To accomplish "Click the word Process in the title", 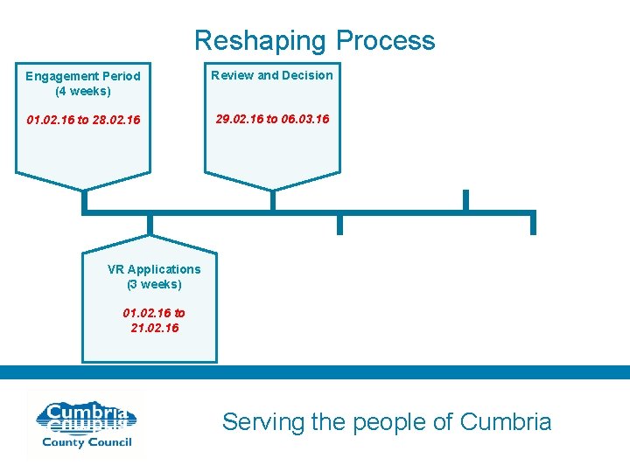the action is click(385, 41).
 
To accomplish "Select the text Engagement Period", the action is click(83, 76).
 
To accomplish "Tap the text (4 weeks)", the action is click(83, 90).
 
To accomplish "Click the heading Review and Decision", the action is click(272, 75).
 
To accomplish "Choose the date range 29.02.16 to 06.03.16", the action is click(272, 118).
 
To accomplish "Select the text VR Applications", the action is click(154, 269).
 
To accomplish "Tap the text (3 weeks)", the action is click(154, 284).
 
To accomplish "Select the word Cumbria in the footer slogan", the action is click(505, 422).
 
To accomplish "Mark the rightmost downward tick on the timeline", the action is click(533, 224).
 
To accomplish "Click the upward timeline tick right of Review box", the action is click(465, 200).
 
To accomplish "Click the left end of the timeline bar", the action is click(84, 211).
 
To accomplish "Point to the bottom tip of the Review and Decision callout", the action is click(272, 189).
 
